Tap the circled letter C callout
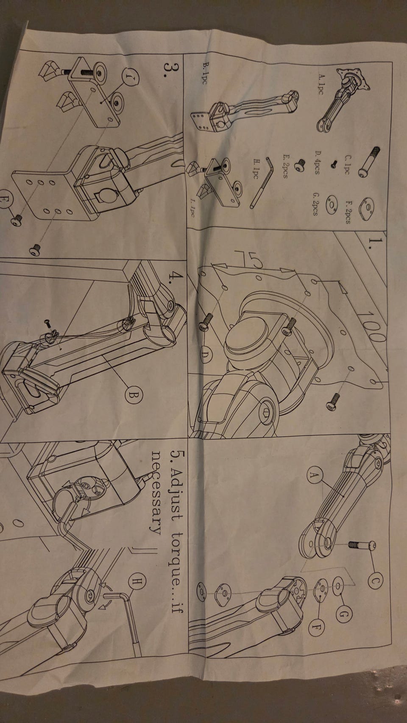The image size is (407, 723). coord(375,581)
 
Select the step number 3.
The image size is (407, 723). coord(170,70)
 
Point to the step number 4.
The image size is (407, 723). coord(177,276)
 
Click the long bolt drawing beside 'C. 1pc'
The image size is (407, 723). coord(369,162)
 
